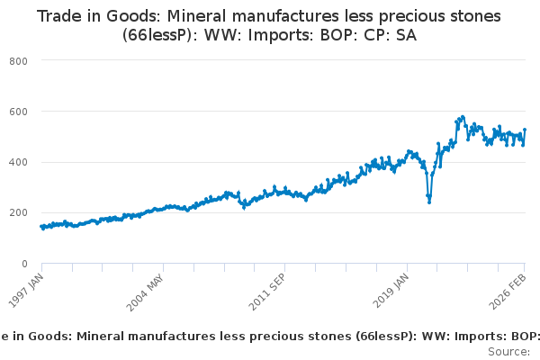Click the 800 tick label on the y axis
click(x=19, y=60)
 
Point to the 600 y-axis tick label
click(x=19, y=112)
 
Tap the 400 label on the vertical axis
click(x=19, y=162)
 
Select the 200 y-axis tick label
click(x=19, y=212)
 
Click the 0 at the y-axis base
click(x=25, y=264)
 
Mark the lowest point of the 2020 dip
click(x=429, y=202)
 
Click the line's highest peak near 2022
click(x=463, y=117)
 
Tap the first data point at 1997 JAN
click(x=41, y=227)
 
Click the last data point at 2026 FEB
click(x=525, y=130)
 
